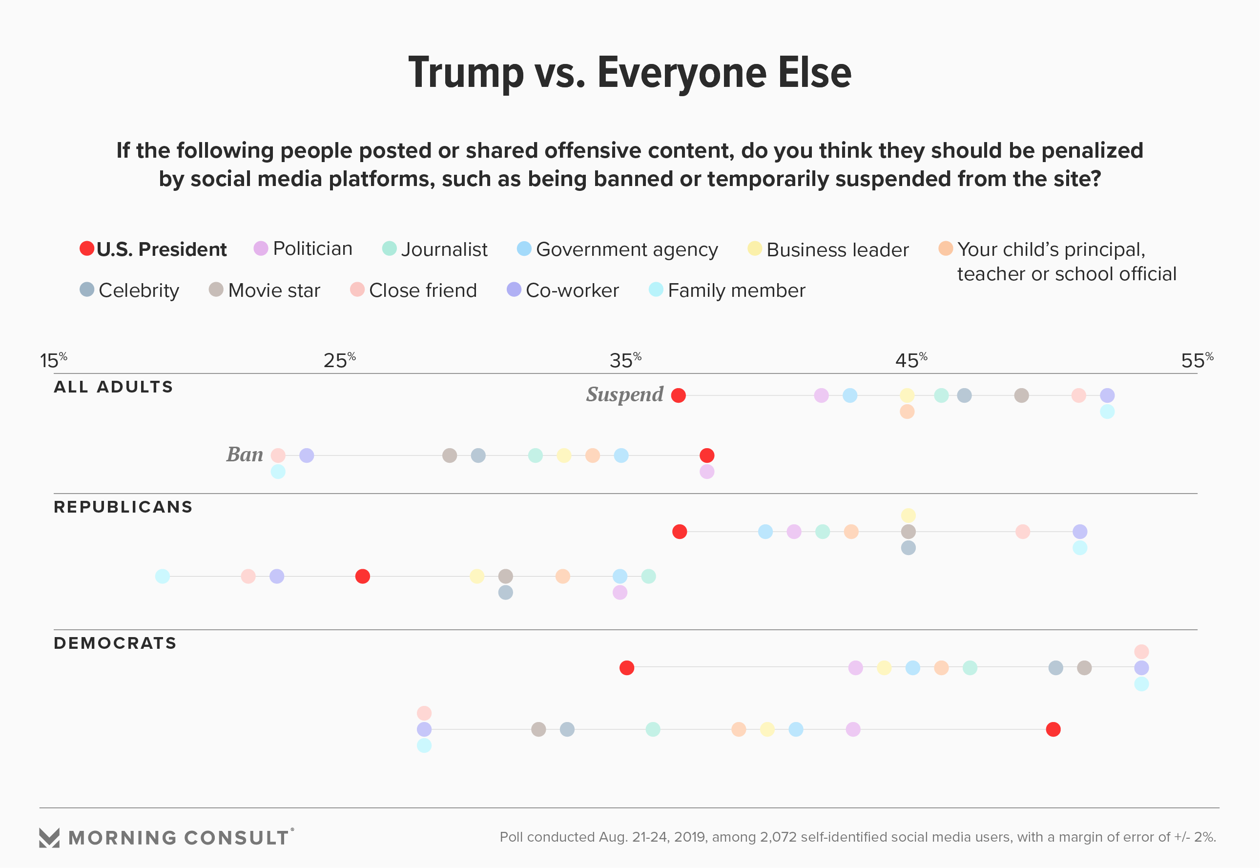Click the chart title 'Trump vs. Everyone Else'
click(x=630, y=73)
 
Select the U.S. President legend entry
click(x=153, y=249)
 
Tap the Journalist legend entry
click(x=435, y=249)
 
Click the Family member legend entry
click(x=727, y=290)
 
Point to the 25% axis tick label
click(x=339, y=361)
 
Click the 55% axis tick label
click(x=1197, y=361)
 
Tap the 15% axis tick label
click(x=53, y=361)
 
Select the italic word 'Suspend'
click(x=624, y=394)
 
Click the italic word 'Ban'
click(x=245, y=455)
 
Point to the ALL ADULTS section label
click(x=113, y=387)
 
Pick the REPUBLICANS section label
click(x=123, y=507)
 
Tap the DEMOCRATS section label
click(x=115, y=643)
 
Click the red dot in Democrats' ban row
click(x=1053, y=729)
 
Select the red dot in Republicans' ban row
click(x=363, y=577)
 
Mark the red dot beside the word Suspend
click(x=678, y=395)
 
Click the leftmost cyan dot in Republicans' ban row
click(x=162, y=577)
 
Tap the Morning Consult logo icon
click(x=49, y=838)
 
